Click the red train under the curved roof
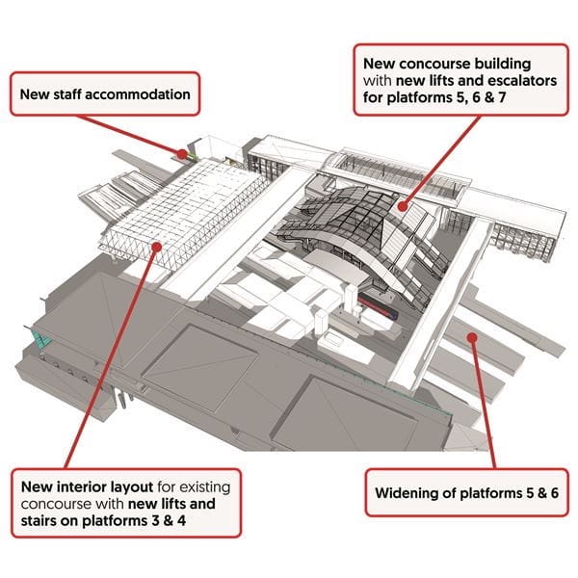click(379, 308)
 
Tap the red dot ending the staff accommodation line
click(180, 151)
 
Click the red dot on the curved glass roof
click(403, 204)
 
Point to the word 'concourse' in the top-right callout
click(417, 59)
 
